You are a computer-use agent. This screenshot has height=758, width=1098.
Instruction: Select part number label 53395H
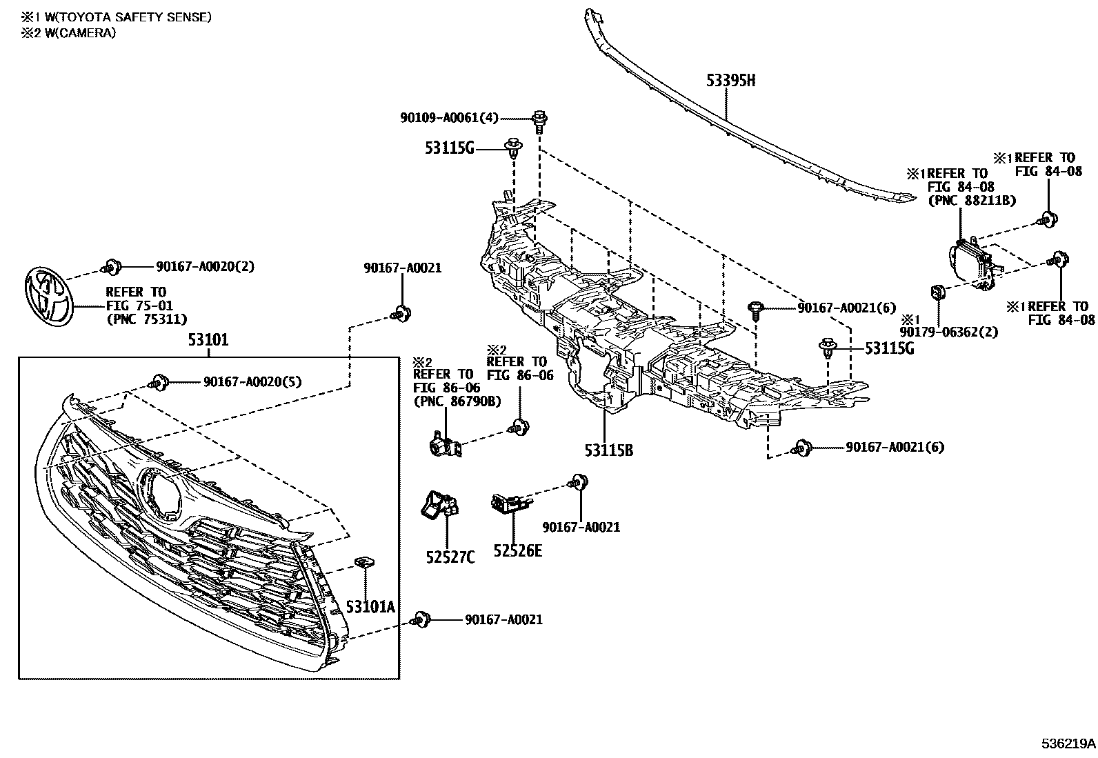click(730, 81)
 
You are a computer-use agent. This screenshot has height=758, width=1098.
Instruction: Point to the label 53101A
click(370, 606)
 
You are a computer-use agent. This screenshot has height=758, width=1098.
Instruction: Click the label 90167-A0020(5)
click(252, 381)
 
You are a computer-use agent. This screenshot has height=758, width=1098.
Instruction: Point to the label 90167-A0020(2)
click(205, 266)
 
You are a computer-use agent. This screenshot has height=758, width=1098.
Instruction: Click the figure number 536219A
click(1068, 744)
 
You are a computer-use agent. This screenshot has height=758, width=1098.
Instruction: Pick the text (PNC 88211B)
click(961, 201)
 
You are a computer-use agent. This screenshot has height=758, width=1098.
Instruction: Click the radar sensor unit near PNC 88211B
click(972, 263)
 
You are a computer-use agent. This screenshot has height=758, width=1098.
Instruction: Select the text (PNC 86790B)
click(457, 401)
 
